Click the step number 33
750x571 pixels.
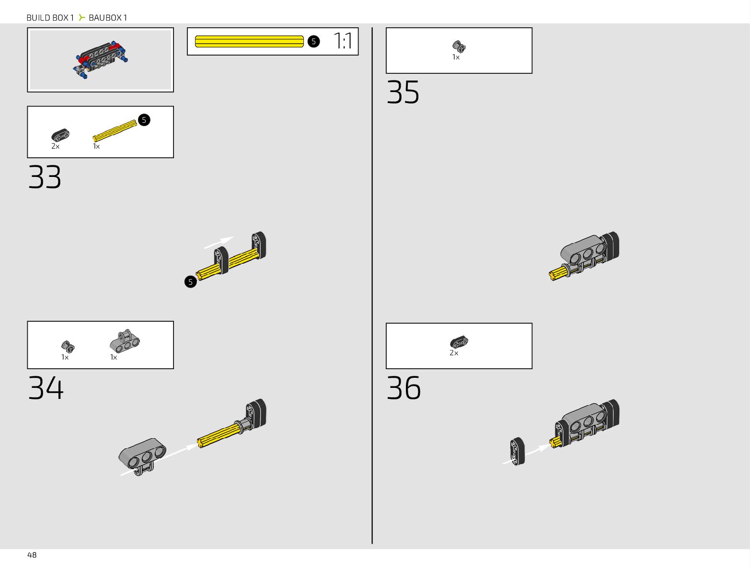[x=45, y=177]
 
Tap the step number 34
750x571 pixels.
[x=46, y=388]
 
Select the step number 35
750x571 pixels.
[x=403, y=93]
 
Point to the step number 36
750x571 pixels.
[x=404, y=388]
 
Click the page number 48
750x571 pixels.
[x=32, y=555]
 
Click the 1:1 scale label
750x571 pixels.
[x=343, y=41]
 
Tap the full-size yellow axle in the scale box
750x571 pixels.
[x=249, y=42]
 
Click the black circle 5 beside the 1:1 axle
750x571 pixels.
[x=313, y=41]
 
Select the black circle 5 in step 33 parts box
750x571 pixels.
[x=144, y=120]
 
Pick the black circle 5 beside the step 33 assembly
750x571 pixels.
[x=190, y=282]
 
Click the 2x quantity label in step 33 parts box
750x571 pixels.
[x=56, y=146]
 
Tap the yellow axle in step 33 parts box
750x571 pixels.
[x=115, y=130]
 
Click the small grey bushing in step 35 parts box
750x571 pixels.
[x=459, y=47]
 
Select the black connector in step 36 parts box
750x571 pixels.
[x=459, y=342]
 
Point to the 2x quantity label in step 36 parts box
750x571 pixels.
[x=454, y=353]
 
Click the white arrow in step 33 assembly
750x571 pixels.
[x=219, y=242]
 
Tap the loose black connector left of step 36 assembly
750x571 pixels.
[x=518, y=451]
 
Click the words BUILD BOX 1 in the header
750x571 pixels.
[x=50, y=18]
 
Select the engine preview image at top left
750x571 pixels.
[x=100, y=60]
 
